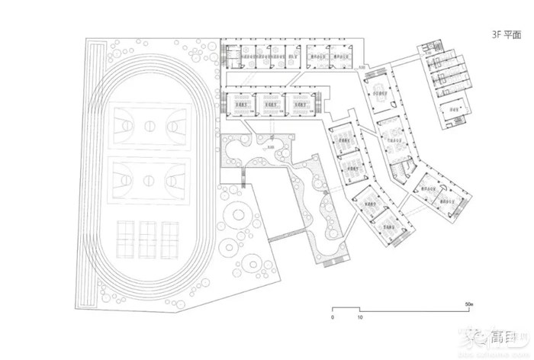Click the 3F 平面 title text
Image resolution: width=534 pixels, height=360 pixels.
507,34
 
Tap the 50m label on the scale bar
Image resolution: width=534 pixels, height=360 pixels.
469,304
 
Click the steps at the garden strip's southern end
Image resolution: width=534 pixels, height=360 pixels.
333,262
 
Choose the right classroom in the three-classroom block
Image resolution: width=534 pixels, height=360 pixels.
298,104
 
